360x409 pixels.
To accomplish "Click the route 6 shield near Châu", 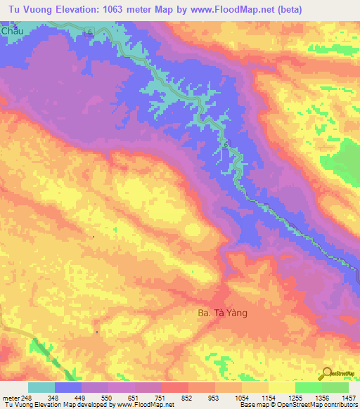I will point(91,32).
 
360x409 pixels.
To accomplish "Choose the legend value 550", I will point(107,397).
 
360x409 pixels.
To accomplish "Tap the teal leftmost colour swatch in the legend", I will point(41,387).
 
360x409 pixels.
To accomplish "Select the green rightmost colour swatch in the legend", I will point(335,387).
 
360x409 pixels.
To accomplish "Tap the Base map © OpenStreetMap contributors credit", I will point(298,405).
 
